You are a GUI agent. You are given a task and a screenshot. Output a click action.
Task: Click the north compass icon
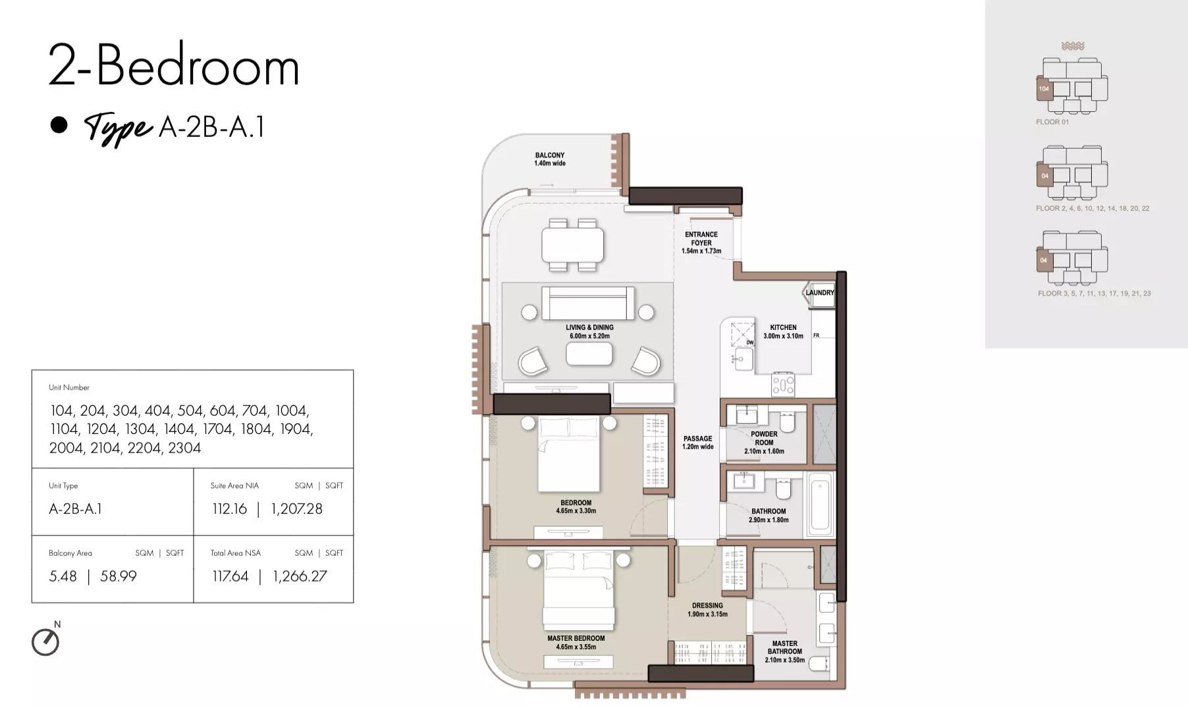tap(45, 642)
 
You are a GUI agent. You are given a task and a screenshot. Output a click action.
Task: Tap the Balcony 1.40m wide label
tap(550, 159)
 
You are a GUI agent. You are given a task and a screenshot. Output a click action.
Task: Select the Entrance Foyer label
tap(701, 242)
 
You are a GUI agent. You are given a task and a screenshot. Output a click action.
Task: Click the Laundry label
tap(820, 292)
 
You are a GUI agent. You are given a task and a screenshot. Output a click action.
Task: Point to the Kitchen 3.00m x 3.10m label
tap(783, 331)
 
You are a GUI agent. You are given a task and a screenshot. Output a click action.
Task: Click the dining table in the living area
tap(573, 244)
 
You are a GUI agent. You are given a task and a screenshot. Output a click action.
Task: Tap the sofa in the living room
tap(588, 303)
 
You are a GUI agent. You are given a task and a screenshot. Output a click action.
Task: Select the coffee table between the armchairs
tap(589, 354)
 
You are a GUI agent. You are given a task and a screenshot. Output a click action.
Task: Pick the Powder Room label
tap(764, 443)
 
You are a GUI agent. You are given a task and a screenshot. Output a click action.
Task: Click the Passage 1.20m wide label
tap(697, 443)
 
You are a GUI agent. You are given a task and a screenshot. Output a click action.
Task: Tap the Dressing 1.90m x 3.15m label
tap(707, 610)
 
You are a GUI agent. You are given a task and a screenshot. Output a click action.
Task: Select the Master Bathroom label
tap(784, 651)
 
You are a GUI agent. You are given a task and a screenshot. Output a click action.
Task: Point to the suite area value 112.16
tap(229, 509)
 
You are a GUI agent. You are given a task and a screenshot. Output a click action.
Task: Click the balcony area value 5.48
tap(63, 576)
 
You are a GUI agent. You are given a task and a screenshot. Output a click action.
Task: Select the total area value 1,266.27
tap(300, 576)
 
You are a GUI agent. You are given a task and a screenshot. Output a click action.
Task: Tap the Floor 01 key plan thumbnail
tap(1072, 86)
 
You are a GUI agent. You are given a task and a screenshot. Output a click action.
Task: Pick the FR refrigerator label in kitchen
tap(816, 336)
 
